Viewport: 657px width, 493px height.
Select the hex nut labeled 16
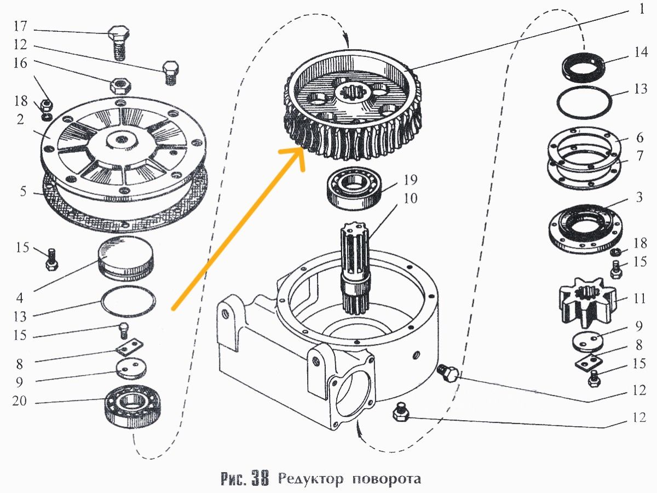[119, 85]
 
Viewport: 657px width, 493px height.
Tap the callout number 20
[20, 402]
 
